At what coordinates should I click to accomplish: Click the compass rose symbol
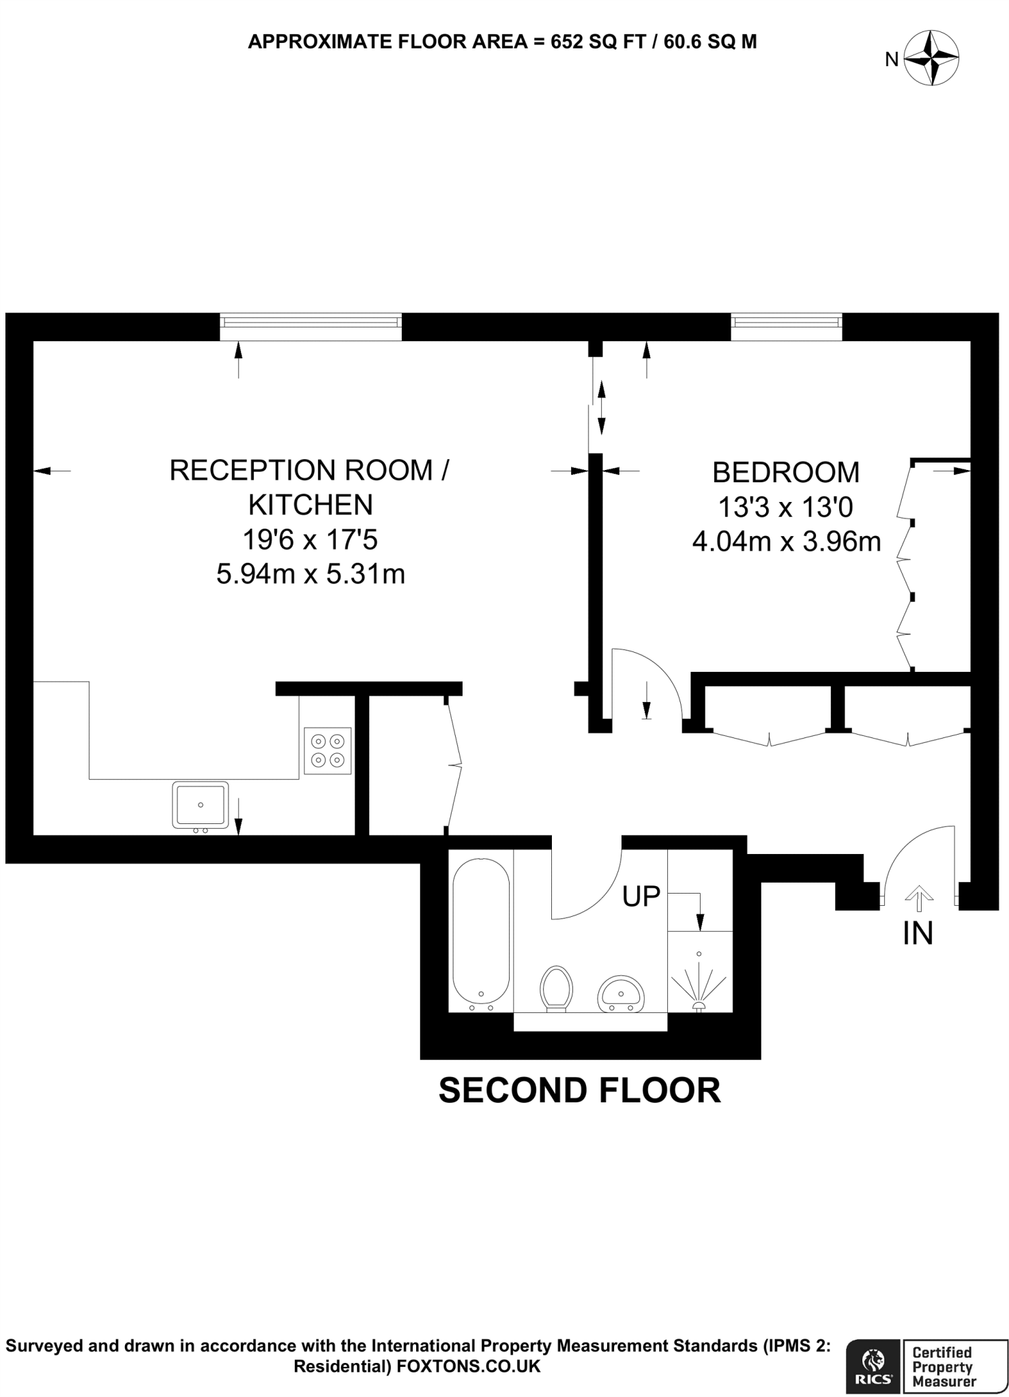931,59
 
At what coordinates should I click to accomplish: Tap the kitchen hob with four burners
327,750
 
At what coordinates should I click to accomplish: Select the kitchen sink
200,805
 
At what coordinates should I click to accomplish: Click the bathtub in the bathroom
481,934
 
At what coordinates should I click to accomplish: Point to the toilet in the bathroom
556,988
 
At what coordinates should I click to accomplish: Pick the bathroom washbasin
620,995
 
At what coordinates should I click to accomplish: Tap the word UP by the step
641,896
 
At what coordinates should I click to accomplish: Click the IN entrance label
918,933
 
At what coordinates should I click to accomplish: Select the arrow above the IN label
919,898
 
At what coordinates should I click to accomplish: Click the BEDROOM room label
786,472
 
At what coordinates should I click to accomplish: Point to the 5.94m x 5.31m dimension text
310,574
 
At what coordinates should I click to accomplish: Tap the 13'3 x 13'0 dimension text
785,507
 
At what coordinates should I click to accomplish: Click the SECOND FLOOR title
579,1089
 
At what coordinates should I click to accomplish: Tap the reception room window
310,326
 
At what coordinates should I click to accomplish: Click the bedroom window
786,326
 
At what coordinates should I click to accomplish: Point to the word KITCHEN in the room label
310,505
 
